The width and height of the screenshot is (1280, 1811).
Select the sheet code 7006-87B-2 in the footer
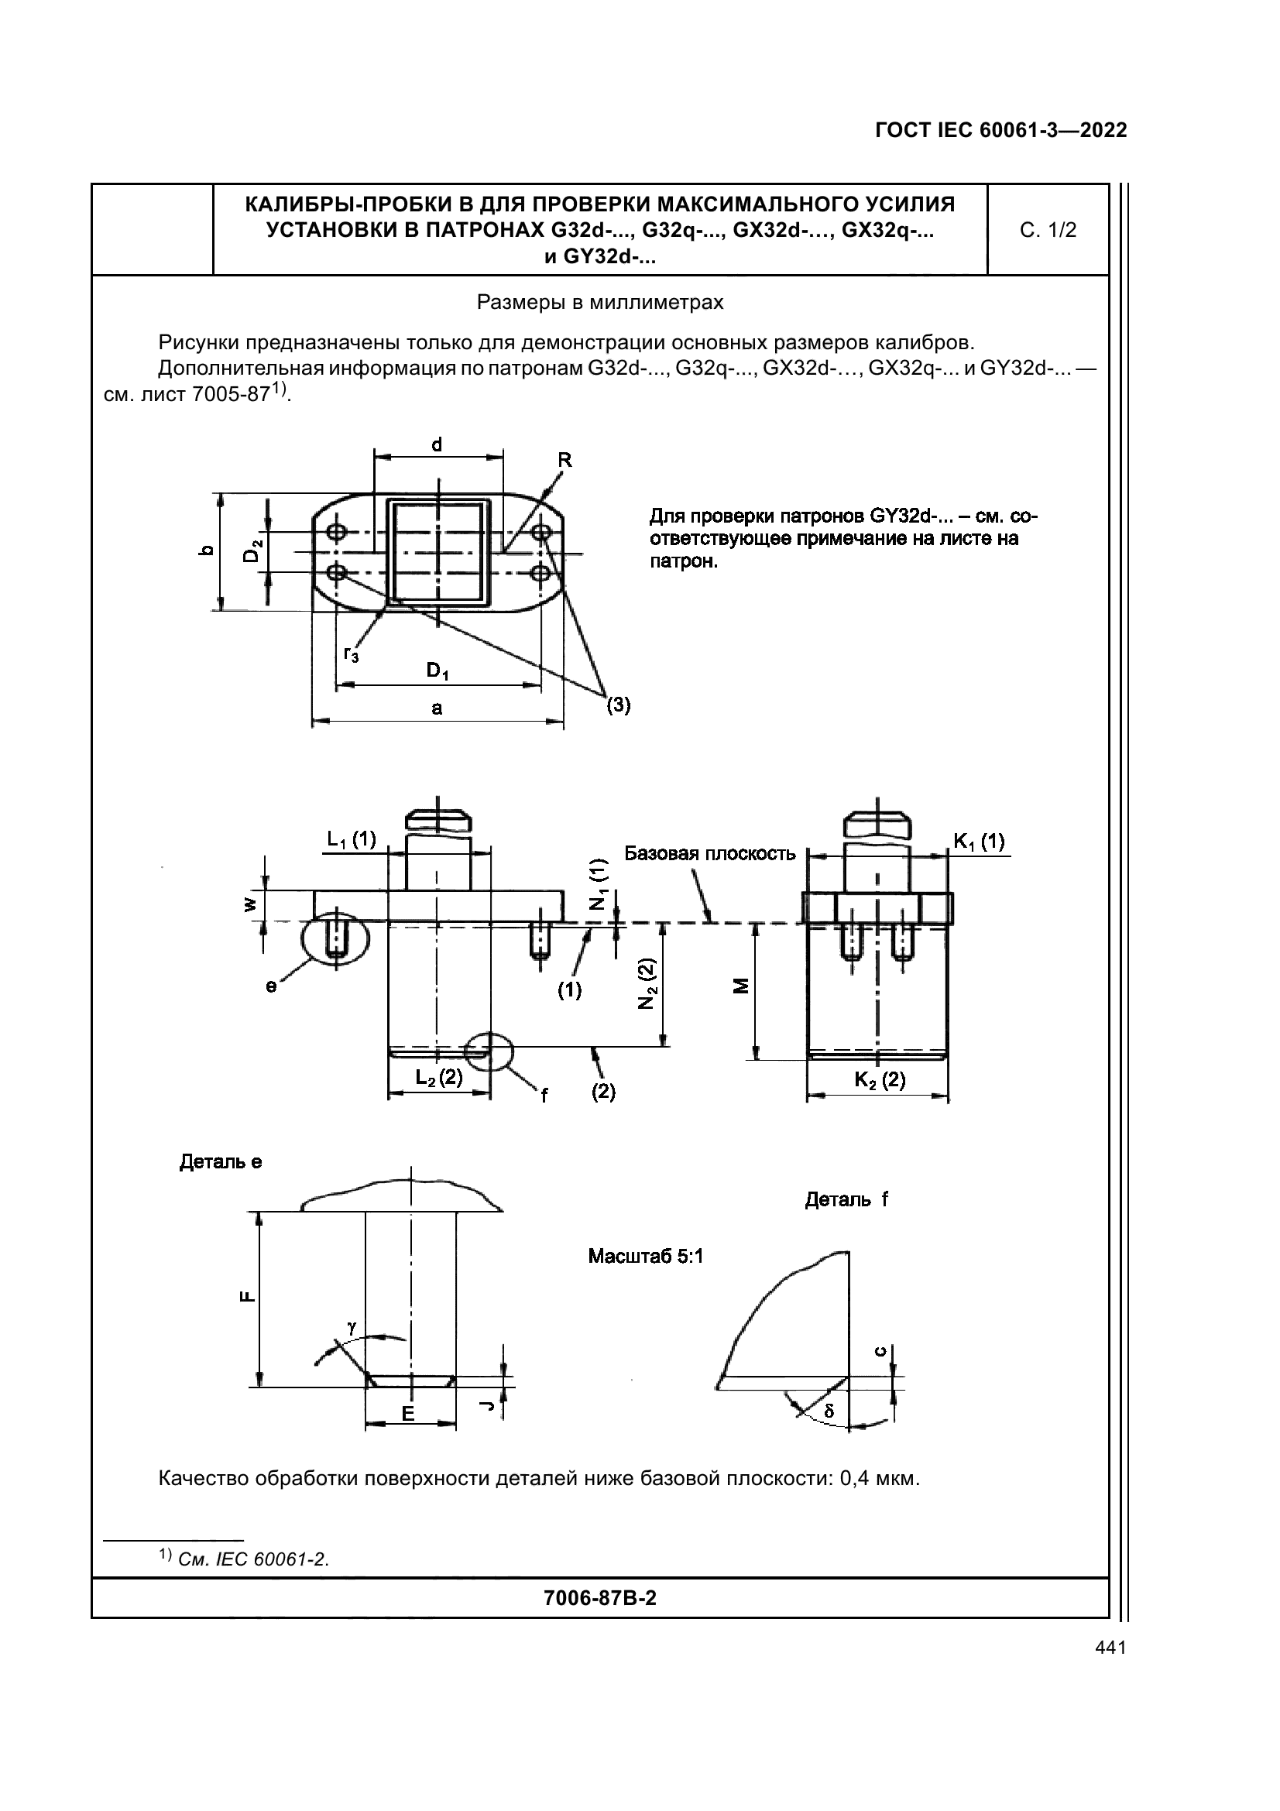[600, 1598]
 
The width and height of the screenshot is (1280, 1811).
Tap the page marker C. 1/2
[1048, 230]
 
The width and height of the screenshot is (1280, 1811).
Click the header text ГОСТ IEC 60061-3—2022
[1000, 131]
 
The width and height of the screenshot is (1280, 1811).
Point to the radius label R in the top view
[565, 460]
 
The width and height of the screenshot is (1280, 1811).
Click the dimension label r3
[351, 653]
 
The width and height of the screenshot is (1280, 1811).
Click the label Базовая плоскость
[710, 854]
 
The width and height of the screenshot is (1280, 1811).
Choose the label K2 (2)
[880, 1080]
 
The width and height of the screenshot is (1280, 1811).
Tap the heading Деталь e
[221, 1162]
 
